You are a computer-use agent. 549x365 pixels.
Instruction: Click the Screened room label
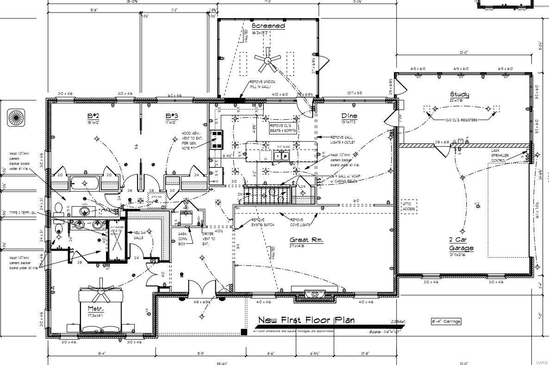268,26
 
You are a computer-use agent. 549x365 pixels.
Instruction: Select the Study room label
459,95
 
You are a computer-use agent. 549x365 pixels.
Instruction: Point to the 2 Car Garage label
461,244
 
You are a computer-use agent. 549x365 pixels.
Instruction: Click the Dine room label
349,116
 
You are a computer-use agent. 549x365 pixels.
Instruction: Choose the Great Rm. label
306,240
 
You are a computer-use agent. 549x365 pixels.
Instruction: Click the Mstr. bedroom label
96,309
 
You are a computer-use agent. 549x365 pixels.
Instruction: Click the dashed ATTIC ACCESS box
409,206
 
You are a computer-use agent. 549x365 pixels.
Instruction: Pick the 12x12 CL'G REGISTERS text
461,120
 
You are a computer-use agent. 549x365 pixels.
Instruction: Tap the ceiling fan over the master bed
101,290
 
